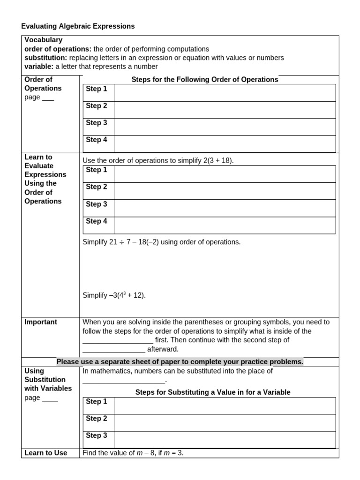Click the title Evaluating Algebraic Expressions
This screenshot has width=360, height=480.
(x=78, y=26)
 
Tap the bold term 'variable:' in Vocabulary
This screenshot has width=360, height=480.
(x=39, y=67)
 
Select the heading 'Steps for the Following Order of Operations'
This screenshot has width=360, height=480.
(x=205, y=80)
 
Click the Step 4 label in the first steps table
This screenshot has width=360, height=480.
(x=97, y=140)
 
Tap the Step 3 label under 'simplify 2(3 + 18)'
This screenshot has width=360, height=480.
(x=97, y=204)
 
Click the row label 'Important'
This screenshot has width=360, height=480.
(x=41, y=322)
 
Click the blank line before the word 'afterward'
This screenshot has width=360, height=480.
(x=114, y=350)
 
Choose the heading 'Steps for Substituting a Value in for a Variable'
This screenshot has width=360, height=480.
(x=213, y=392)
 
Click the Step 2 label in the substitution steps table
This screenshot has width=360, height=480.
(x=97, y=418)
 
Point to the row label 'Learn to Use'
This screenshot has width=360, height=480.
(x=46, y=453)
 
